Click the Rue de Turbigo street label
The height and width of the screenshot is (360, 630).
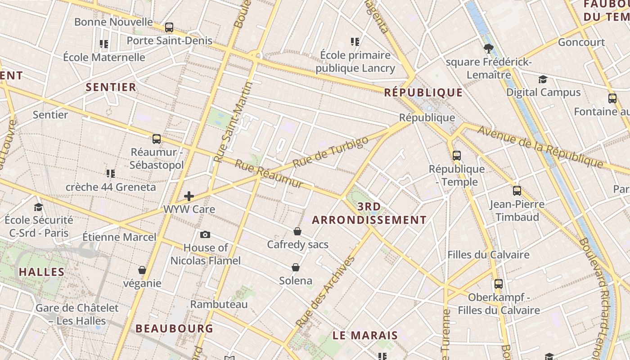[330, 152]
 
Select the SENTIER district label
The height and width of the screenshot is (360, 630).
[111, 87]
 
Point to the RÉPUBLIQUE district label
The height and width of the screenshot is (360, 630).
[423, 93]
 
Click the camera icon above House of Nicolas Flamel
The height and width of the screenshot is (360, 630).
[205, 234]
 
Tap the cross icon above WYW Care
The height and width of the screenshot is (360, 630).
[189, 196]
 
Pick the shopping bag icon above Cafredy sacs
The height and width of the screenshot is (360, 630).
[297, 231]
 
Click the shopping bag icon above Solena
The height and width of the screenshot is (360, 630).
[296, 267]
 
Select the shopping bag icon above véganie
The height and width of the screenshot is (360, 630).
[142, 270]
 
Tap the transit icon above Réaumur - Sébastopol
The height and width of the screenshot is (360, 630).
[157, 139]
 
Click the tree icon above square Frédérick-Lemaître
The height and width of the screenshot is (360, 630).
[488, 49]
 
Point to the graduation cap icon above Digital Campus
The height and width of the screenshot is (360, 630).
[543, 79]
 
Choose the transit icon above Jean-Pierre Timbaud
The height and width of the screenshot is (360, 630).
[517, 190]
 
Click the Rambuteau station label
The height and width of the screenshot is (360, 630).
[219, 305]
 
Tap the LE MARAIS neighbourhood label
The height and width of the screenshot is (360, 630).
[365, 335]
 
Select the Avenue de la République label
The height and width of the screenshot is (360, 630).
[540, 146]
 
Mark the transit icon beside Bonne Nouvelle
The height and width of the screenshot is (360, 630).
[169, 27]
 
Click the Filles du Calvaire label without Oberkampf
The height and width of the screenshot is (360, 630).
[488, 255]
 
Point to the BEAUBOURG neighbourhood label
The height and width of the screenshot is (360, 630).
[174, 328]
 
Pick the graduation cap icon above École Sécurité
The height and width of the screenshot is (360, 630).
[39, 207]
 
